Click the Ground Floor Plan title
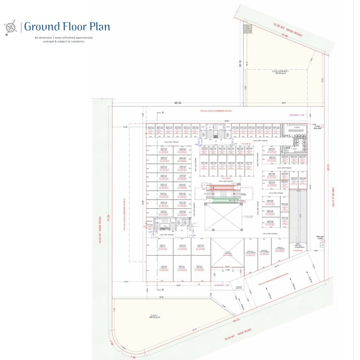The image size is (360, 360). tap(67, 26)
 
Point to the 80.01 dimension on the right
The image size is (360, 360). tap(330, 166)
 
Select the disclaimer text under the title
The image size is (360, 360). tap(64, 39)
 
